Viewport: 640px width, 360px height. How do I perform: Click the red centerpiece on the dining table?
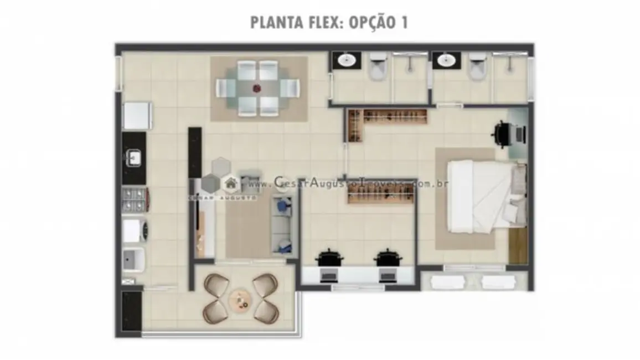coord(257,88)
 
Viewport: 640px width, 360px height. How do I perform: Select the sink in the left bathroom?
coord(347,60)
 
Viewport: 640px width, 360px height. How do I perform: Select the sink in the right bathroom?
coord(445,60)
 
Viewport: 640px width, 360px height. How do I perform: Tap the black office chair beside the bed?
coord(503,134)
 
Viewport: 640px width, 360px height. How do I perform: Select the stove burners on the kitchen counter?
coord(133,200)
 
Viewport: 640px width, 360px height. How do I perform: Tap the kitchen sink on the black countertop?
coord(133,159)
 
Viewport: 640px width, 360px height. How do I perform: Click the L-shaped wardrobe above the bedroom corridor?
coord(388,119)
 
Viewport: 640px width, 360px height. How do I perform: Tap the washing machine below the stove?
coord(133,230)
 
